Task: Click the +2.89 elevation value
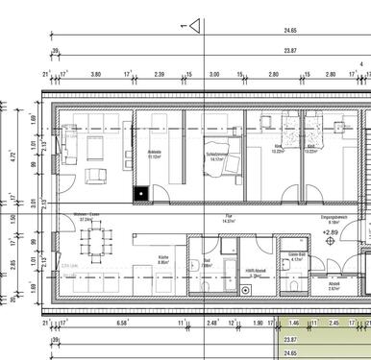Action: tap(330, 231)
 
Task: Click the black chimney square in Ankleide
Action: tap(141, 191)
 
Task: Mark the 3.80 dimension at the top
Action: tap(96, 73)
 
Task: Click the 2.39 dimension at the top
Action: tap(159, 73)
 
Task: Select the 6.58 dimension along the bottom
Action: tap(123, 324)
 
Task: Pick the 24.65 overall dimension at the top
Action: tap(289, 32)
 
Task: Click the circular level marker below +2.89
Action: tap(333, 242)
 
